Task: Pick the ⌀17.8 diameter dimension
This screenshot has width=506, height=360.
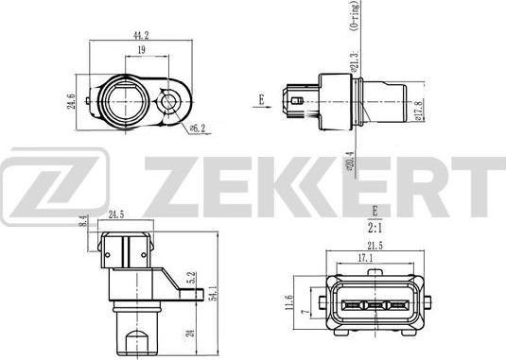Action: coord(418,111)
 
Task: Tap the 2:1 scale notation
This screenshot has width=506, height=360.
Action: coord(375,227)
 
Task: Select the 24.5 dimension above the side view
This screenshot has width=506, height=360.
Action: coord(118,214)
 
